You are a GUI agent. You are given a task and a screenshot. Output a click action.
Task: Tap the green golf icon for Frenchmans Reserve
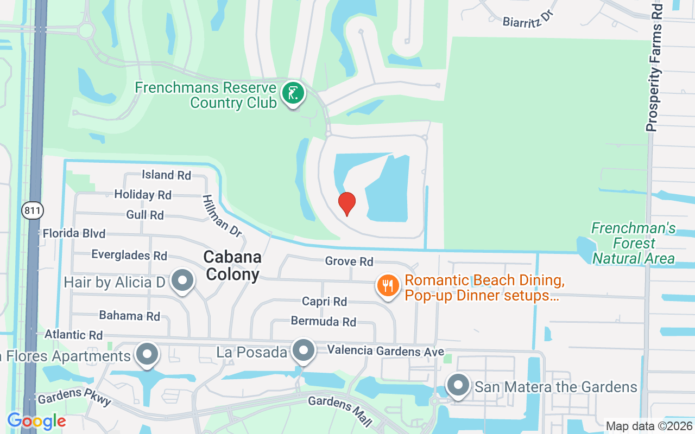293,94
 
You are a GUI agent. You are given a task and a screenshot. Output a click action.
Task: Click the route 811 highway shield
33,210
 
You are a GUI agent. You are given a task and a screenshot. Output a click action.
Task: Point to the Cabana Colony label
233,265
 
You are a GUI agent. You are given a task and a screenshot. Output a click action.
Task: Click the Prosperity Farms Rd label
655,68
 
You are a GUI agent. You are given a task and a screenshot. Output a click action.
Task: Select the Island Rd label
166,175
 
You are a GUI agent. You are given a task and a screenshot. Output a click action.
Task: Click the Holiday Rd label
143,194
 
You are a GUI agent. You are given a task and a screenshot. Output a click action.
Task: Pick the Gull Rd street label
145,215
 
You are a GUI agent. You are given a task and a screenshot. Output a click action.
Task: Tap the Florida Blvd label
74,234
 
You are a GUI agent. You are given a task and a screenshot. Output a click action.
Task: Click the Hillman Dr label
222,215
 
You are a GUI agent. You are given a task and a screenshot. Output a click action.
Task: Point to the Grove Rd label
349,261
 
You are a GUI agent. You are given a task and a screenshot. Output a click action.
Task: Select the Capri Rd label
325,301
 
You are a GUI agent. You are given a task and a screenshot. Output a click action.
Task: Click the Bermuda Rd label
324,321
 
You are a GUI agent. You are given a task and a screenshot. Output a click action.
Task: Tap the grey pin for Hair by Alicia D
183,281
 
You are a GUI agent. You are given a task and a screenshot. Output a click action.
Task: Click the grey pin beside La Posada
304,350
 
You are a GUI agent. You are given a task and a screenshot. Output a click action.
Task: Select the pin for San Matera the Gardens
458,385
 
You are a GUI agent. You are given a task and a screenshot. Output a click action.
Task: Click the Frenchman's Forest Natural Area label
633,243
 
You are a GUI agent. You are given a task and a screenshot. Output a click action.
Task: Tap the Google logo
36,421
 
